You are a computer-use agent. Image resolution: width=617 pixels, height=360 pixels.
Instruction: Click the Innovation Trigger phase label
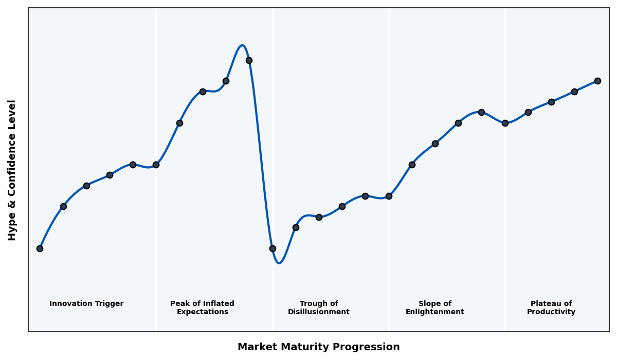coord(86,304)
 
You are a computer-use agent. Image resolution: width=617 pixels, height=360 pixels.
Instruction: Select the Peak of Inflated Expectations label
coord(202,308)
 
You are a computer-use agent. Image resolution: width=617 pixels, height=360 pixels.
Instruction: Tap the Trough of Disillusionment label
coord(318,308)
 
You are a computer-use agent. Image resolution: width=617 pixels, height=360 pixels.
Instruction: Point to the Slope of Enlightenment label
coord(434,308)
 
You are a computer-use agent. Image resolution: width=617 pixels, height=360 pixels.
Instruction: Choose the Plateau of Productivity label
coord(551,308)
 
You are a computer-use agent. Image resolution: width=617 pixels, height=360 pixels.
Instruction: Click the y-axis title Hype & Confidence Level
coord(12,170)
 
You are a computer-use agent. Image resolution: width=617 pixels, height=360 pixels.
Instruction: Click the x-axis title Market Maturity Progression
coord(318,347)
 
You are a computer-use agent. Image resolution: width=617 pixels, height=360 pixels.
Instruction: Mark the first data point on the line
coord(40,248)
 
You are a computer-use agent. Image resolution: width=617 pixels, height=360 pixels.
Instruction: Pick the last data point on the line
coord(597,81)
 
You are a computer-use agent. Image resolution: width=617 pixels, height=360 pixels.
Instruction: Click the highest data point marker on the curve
coord(249,60)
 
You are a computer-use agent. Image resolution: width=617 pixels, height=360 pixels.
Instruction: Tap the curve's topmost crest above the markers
coord(242,45)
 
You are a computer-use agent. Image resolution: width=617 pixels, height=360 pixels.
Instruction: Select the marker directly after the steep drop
coord(273,248)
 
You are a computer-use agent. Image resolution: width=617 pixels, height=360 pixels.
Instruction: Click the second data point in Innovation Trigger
coord(63,206)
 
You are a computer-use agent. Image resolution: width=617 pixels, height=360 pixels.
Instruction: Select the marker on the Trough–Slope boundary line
coord(389,196)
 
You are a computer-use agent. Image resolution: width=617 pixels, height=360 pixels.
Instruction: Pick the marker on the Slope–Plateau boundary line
coord(505,123)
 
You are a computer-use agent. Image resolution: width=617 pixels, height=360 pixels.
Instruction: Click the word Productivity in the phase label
coord(551,312)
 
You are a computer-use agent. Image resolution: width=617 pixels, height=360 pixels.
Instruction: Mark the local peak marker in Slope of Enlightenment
coord(481,112)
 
